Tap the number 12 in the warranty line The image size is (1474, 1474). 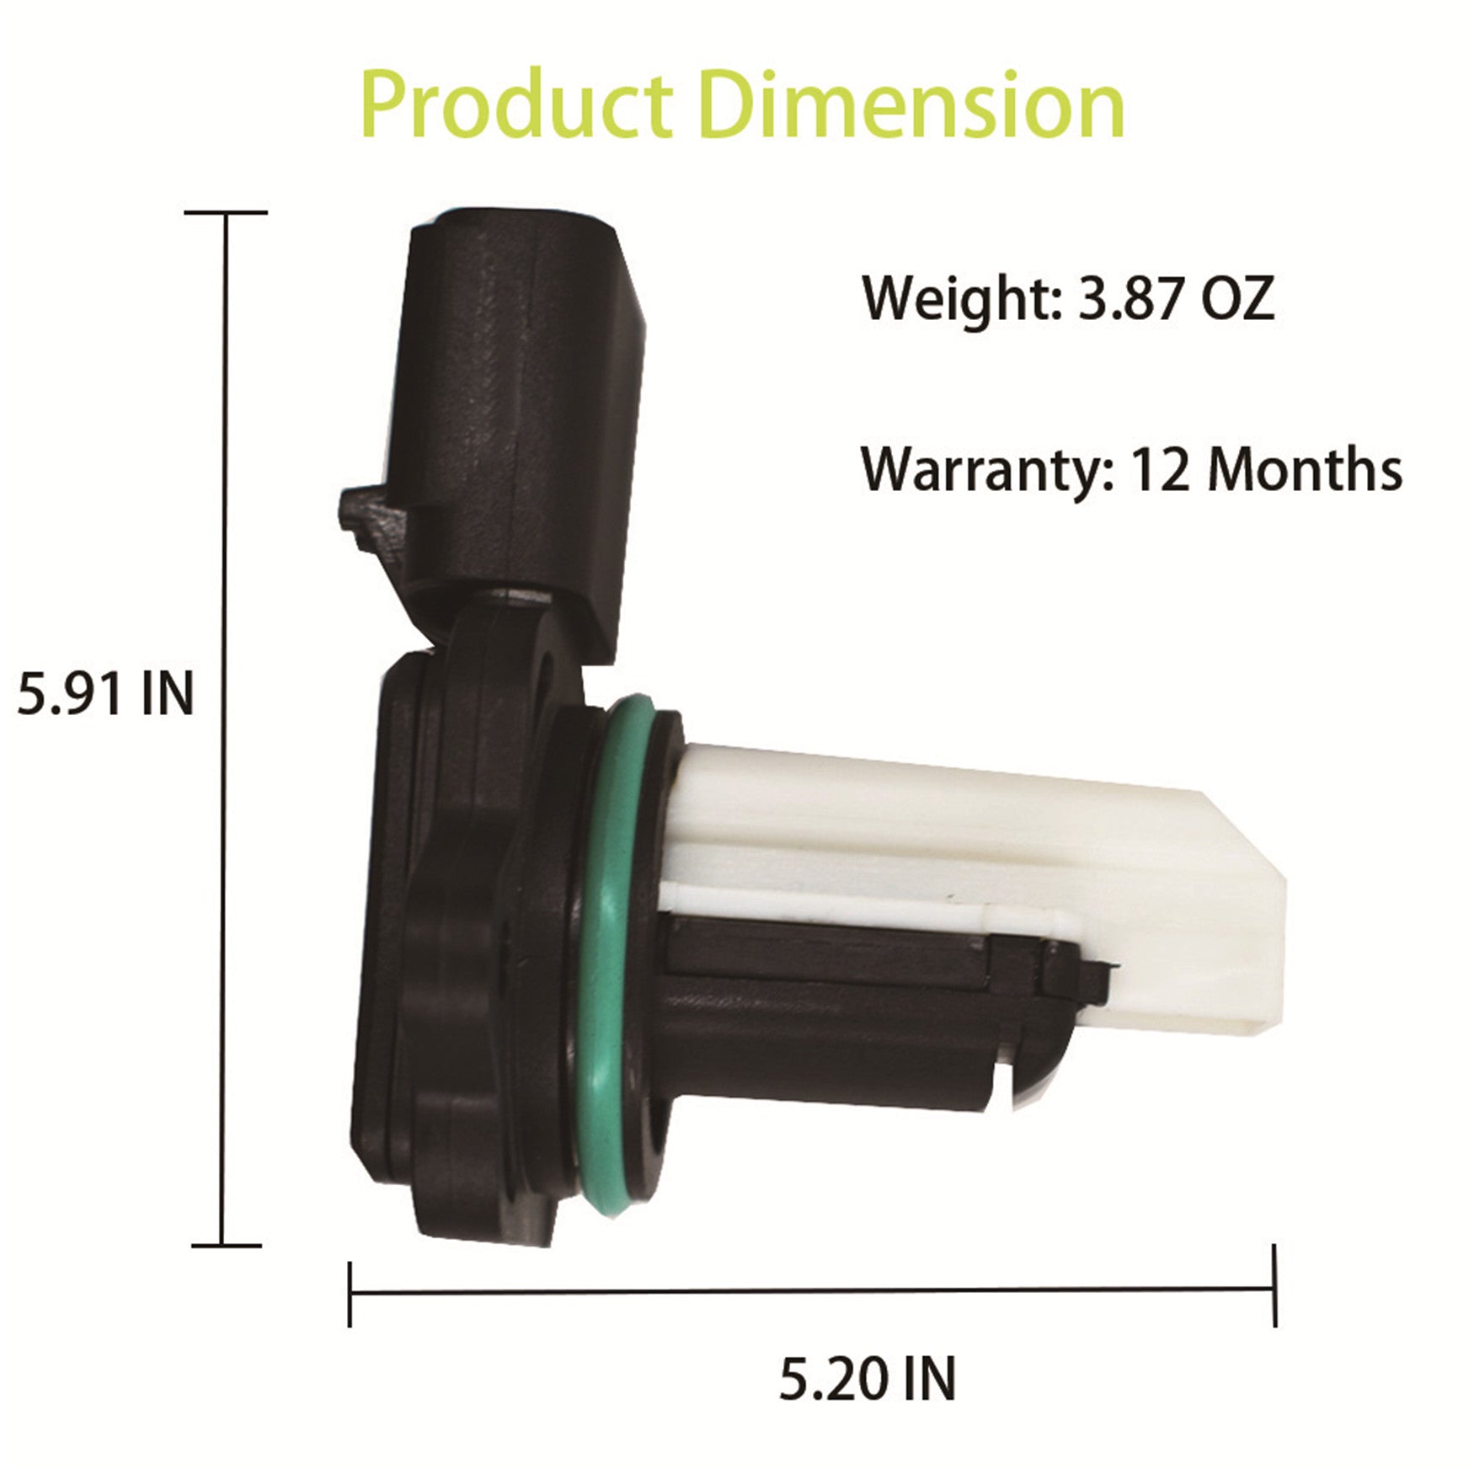point(1159,470)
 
